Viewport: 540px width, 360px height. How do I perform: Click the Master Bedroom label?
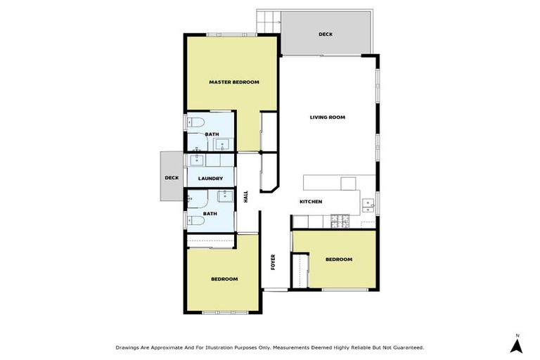pos(233,82)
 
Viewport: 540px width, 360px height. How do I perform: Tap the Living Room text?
pos(327,117)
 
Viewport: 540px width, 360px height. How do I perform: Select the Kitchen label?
pos(310,202)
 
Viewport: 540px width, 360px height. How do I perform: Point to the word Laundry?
pos(210,179)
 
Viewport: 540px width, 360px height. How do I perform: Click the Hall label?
pos(246,198)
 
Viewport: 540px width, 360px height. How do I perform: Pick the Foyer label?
pos(274,262)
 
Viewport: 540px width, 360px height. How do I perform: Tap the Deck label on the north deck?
pos(325,34)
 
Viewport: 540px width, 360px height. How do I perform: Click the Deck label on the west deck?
pos(172,178)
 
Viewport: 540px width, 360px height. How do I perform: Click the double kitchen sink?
pos(368,206)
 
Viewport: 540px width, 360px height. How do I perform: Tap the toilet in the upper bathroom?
pos(193,123)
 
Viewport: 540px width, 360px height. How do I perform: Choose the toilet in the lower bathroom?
pos(196,221)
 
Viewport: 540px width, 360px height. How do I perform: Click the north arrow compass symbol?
pos(517,344)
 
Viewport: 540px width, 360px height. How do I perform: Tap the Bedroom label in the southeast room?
pos(338,259)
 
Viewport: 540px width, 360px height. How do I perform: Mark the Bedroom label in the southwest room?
pos(224,279)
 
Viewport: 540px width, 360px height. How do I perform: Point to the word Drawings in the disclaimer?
pos(128,347)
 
